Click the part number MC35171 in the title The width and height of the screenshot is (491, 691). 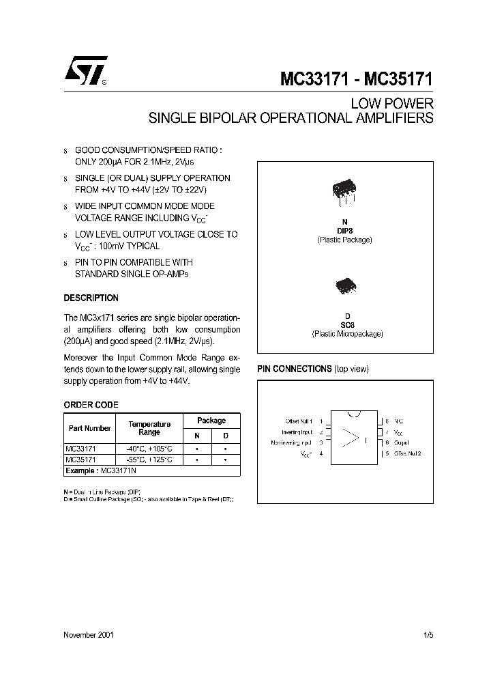(x=398, y=79)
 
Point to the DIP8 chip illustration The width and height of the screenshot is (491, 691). (x=344, y=191)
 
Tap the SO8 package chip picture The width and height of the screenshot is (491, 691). (x=344, y=285)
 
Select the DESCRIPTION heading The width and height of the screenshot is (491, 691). (x=91, y=298)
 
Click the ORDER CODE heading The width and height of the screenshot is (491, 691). (x=91, y=405)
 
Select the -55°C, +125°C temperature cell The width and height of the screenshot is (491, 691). (x=149, y=460)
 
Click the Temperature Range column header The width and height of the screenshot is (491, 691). (x=149, y=428)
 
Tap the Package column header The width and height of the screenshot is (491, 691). (x=211, y=421)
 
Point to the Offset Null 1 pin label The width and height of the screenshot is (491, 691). (x=300, y=422)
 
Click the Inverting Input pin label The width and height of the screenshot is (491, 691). (x=297, y=432)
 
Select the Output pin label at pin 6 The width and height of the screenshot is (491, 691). (x=400, y=442)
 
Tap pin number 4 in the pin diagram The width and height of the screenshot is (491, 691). (x=321, y=453)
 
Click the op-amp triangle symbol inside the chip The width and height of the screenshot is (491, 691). (x=351, y=438)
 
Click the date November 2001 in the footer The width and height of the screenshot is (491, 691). (x=89, y=634)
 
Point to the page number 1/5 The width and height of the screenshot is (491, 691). (x=428, y=634)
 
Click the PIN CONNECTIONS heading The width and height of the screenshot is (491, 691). (x=294, y=369)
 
